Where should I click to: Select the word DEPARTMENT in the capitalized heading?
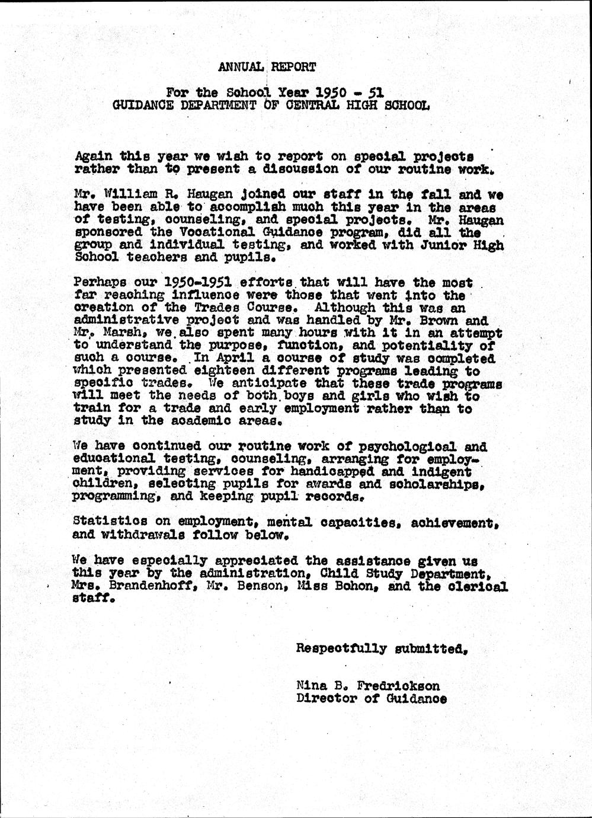click(216, 106)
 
